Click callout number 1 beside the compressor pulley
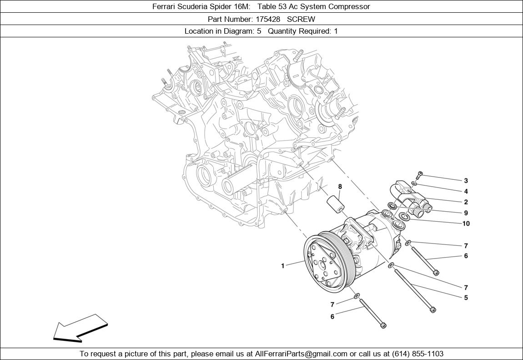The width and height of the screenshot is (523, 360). pyautogui.click(x=283, y=266)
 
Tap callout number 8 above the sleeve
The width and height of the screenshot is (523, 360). pyautogui.click(x=340, y=187)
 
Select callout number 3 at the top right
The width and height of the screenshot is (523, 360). pyautogui.click(x=466, y=181)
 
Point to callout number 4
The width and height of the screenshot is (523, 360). pyautogui.click(x=466, y=192)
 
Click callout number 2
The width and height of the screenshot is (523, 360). pyautogui.click(x=466, y=202)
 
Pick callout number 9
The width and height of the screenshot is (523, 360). pyautogui.click(x=466, y=213)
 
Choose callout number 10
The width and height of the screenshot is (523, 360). pyautogui.click(x=466, y=223)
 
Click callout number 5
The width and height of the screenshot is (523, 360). pyautogui.click(x=466, y=298)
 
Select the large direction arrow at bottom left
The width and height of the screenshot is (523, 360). pyautogui.click(x=80, y=328)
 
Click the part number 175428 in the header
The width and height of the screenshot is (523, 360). pyautogui.click(x=267, y=19)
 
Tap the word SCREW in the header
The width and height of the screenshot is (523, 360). pyautogui.click(x=301, y=19)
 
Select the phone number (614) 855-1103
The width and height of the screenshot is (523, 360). pyautogui.click(x=417, y=354)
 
